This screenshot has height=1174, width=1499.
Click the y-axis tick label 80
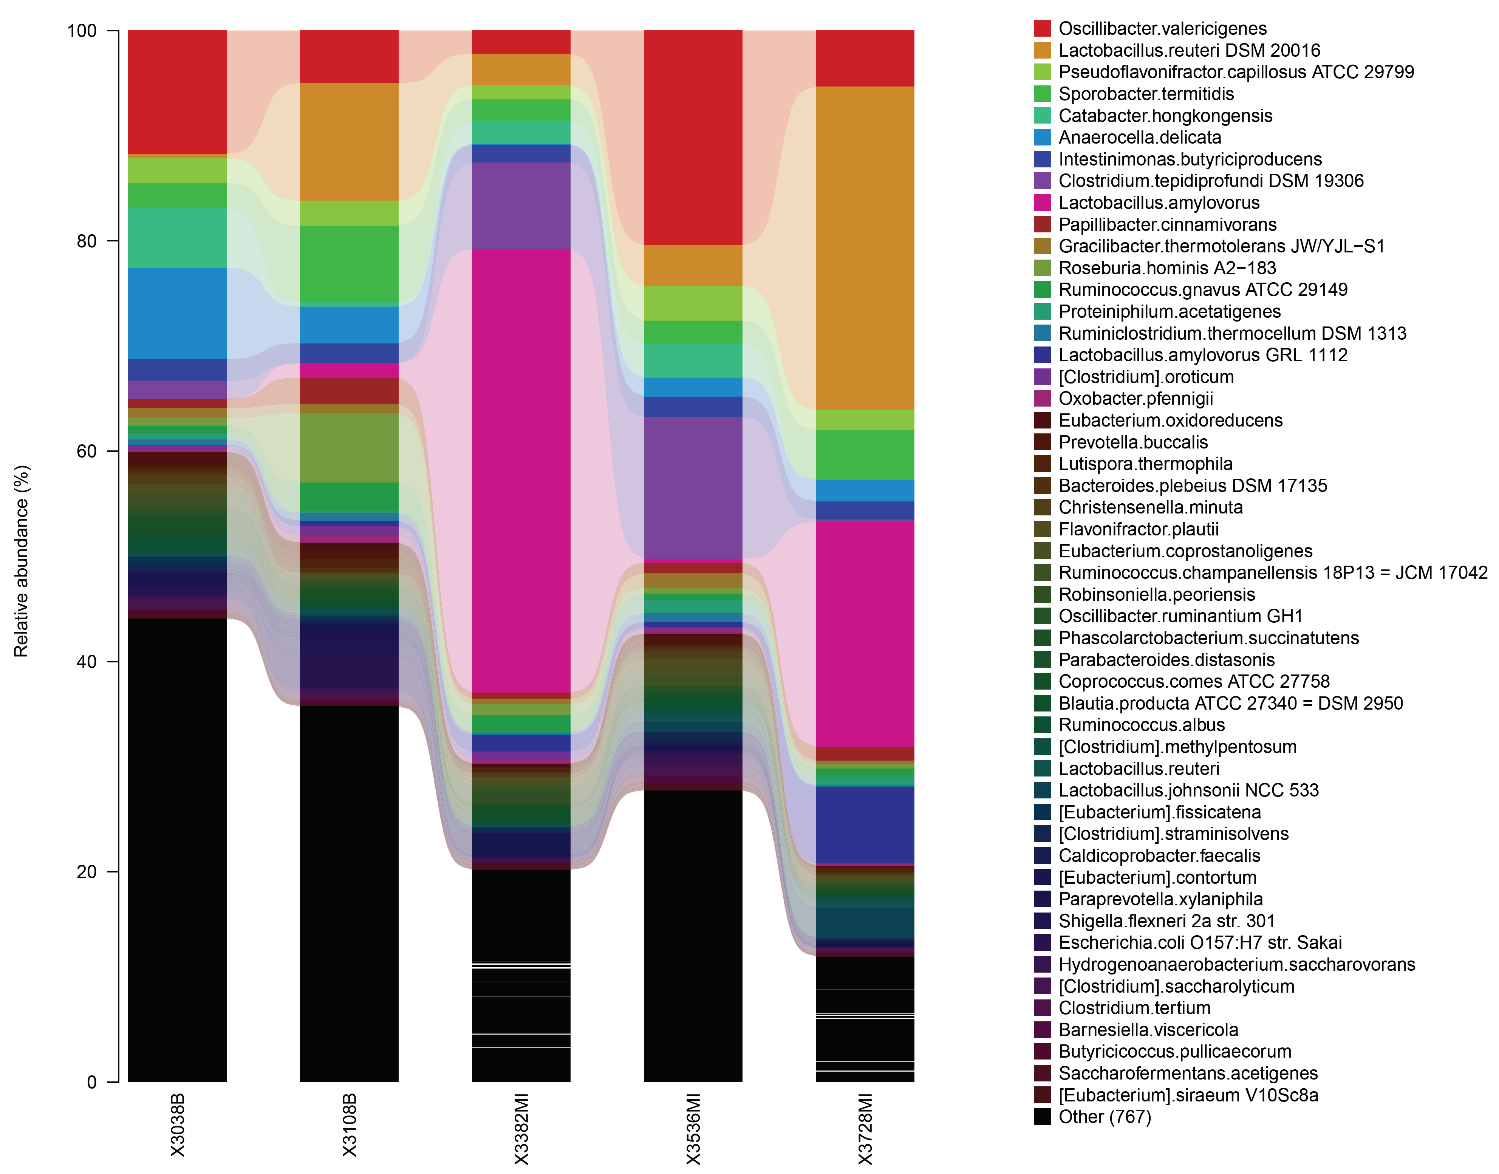[87, 241]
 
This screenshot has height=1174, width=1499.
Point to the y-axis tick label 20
[87, 872]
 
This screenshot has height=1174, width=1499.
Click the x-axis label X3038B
[177, 1125]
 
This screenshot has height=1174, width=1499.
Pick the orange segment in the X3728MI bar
[865, 247]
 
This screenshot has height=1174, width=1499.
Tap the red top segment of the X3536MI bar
[693, 138]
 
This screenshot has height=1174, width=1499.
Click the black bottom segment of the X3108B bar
[349, 894]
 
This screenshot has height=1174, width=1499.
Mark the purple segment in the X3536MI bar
[693, 488]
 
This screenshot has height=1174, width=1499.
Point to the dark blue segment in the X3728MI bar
[865, 825]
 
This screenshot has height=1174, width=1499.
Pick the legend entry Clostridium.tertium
[1134, 1008]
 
